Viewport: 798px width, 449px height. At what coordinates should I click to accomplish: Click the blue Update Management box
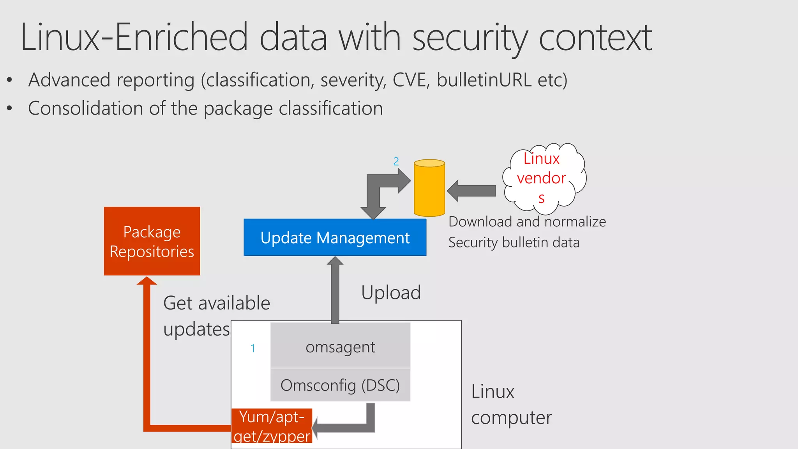pyautogui.click(x=335, y=237)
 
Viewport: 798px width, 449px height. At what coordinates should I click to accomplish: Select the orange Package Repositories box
pyautogui.click(x=152, y=241)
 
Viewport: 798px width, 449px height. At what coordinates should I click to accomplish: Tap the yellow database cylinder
pyautogui.click(x=429, y=188)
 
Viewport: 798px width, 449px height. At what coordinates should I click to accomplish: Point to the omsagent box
pyautogui.click(x=340, y=346)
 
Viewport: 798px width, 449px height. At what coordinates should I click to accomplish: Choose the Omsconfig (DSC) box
pyautogui.click(x=340, y=385)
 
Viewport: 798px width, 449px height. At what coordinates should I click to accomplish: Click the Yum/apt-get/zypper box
pyautogui.click(x=272, y=426)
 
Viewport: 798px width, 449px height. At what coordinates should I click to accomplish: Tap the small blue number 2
pyautogui.click(x=396, y=161)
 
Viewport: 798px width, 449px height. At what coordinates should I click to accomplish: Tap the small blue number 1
pyautogui.click(x=253, y=348)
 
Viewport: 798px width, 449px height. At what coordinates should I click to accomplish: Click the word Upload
pyautogui.click(x=391, y=292)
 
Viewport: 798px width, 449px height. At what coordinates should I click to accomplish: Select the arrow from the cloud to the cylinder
pyautogui.click(x=472, y=191)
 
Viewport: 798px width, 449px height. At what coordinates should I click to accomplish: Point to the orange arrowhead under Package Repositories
pyautogui.click(x=147, y=281)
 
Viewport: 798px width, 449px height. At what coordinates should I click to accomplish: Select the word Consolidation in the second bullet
pyautogui.click(x=86, y=108)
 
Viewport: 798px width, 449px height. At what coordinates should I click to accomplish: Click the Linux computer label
pyautogui.click(x=511, y=405)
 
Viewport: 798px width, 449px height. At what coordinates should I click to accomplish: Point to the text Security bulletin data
pyautogui.click(x=514, y=242)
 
